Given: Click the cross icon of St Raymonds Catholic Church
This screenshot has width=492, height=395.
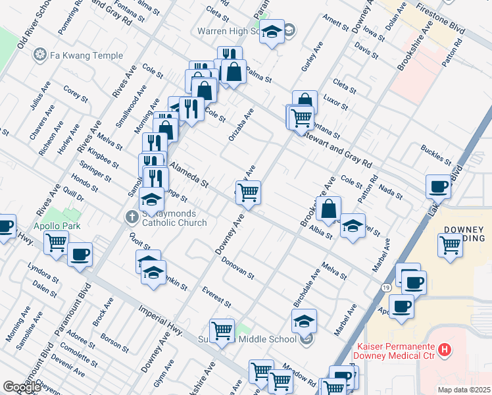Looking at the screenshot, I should click(x=131, y=216).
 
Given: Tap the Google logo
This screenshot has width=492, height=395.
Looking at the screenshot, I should click(x=22, y=386).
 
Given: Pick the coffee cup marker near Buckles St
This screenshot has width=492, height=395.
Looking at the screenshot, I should click(x=438, y=187).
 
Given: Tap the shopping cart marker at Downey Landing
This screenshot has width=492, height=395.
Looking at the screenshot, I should click(x=451, y=245).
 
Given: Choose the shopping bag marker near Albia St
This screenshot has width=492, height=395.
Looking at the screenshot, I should click(x=328, y=209).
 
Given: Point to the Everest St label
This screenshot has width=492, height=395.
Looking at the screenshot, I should click(x=216, y=297).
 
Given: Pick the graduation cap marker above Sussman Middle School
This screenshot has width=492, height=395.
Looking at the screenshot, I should click(x=304, y=321).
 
